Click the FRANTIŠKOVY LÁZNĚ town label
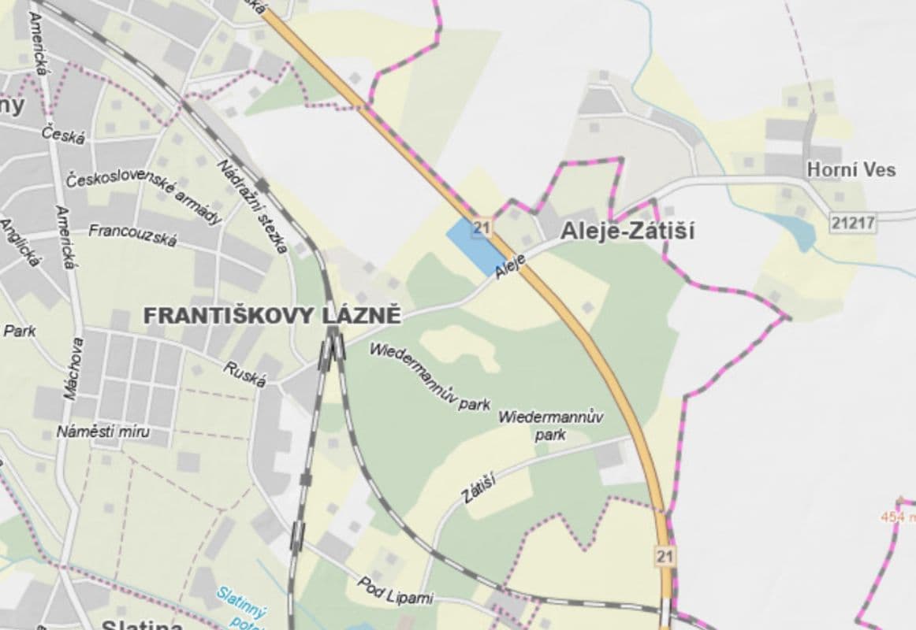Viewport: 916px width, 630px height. pyautogui.click(x=272, y=316)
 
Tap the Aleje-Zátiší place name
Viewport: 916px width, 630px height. pyautogui.click(x=627, y=231)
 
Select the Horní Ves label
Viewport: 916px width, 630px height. pyautogui.click(x=851, y=169)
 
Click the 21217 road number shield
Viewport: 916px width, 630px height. pyautogui.click(x=852, y=223)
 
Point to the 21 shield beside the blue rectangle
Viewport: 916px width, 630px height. pyautogui.click(x=483, y=228)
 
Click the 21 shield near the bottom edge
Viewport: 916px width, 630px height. pyautogui.click(x=665, y=556)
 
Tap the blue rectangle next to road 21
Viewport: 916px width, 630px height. pyautogui.click(x=475, y=246)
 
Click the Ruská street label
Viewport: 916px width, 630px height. pyautogui.click(x=244, y=373)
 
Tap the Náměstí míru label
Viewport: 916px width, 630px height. pyautogui.click(x=102, y=432)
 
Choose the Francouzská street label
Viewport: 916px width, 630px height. pyautogui.click(x=132, y=234)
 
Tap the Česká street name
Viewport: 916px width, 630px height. pyautogui.click(x=64, y=135)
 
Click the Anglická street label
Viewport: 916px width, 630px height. pyautogui.click(x=19, y=243)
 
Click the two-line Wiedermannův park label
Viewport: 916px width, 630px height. pyautogui.click(x=551, y=424)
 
